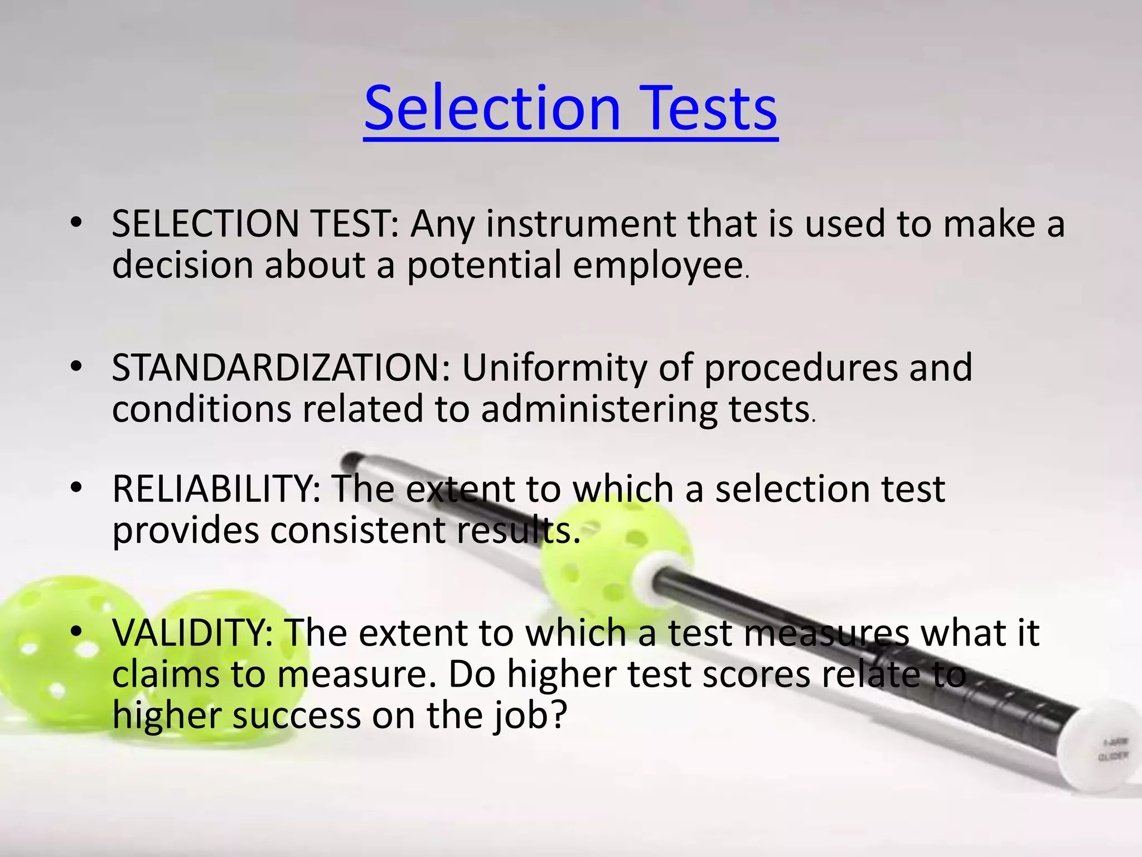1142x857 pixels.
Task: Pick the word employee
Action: [658, 266]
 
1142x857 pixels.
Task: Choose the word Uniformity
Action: [555, 368]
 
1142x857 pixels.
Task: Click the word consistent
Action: [357, 530]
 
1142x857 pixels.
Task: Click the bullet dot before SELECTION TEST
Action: [76, 223]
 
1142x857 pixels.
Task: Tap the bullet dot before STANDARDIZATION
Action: [76, 367]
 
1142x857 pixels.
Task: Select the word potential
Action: [483, 266]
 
